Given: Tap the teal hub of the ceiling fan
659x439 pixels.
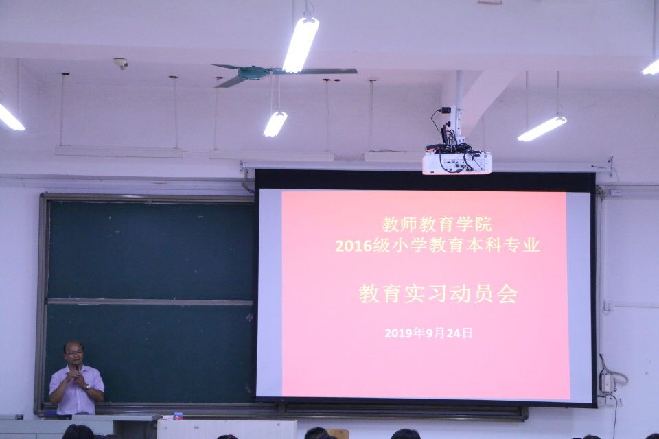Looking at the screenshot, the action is [253, 72].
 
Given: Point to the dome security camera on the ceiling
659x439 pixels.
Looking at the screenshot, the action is [121, 63].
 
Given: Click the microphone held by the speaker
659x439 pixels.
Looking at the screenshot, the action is [77, 368].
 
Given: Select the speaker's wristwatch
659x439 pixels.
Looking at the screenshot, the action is [87, 387].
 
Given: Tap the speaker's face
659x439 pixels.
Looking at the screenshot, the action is [74, 354].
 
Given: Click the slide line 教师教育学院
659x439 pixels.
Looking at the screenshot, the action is [437, 225].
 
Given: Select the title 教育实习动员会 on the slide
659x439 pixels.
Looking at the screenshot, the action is [437, 294].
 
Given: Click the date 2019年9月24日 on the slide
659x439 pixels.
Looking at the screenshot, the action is [428, 333].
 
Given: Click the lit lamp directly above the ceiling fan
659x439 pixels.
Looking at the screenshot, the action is [301, 43].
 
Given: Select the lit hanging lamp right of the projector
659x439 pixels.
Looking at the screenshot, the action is [542, 128].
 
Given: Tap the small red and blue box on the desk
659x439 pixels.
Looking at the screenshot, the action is [178, 416].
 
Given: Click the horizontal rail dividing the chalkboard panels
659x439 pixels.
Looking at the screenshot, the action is [150, 302].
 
